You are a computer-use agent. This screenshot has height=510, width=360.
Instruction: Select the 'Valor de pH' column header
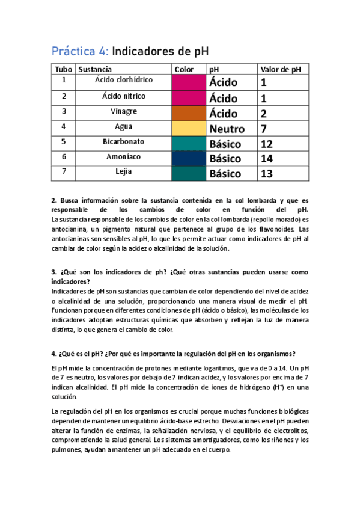coord(280,69)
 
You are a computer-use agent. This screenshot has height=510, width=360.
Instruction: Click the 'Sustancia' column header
coord(95,69)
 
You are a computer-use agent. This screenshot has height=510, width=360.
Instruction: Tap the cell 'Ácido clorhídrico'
coord(124,80)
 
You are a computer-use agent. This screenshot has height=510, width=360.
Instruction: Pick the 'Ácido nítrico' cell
coord(124,96)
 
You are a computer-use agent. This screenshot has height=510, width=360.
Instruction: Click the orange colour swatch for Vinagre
coord(188,112)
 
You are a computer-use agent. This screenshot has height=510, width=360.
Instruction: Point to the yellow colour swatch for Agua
coord(188,127)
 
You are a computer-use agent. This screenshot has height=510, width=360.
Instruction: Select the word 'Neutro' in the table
coord(227,129)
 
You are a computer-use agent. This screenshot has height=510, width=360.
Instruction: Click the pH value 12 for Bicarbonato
coord(267,144)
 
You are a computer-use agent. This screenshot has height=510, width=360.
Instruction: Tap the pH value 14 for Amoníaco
coord(267,159)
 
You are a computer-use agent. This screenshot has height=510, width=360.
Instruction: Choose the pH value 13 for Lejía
coord(267,174)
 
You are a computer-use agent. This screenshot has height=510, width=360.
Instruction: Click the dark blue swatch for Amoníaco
coord(188,158)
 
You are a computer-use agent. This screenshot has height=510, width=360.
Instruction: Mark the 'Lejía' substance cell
coord(124,173)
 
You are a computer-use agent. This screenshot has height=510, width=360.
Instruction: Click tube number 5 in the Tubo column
coord(64,142)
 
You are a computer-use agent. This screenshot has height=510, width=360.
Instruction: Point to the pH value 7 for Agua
coord(264,129)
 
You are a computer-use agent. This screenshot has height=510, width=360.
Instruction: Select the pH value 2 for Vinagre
coord(264,113)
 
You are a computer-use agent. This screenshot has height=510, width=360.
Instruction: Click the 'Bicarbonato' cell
coord(124,142)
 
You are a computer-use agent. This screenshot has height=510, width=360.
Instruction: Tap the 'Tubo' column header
coord(63,69)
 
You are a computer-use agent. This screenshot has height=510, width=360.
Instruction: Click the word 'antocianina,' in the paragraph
coord(70,229)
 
